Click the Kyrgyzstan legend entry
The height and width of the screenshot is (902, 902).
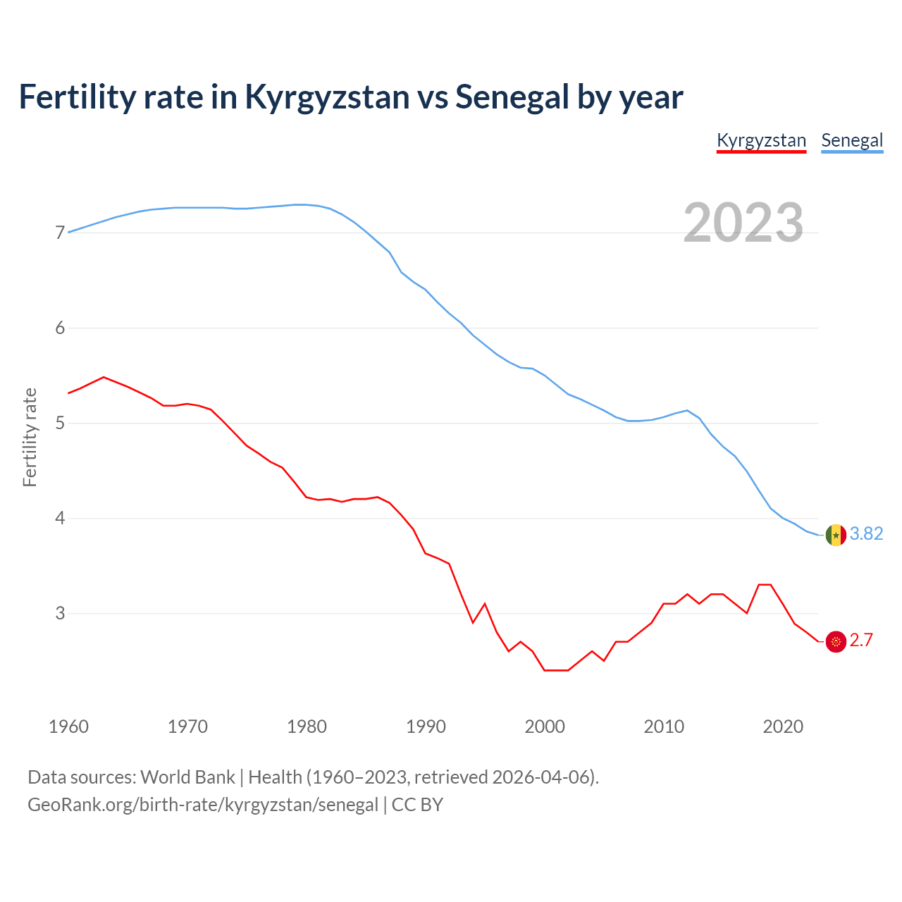click(x=761, y=140)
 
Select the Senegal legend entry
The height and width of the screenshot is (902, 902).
click(x=852, y=140)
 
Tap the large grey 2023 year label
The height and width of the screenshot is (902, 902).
click(x=743, y=223)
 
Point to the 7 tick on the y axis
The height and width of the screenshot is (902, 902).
click(x=60, y=233)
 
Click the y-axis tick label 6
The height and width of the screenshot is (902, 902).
click(x=60, y=328)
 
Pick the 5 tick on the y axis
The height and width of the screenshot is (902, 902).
click(x=60, y=423)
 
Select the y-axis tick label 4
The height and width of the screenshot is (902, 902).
click(x=60, y=518)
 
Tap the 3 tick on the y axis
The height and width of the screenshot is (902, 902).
click(x=60, y=613)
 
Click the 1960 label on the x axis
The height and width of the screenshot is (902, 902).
click(x=68, y=727)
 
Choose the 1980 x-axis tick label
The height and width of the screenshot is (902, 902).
click(x=307, y=727)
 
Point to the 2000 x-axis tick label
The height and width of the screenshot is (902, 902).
click(x=545, y=727)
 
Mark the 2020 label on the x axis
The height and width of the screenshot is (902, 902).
click(x=783, y=727)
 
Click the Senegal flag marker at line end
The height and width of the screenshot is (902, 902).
click(x=836, y=535)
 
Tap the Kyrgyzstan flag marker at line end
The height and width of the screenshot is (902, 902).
click(x=836, y=641)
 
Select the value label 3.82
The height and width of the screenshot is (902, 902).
click(x=866, y=534)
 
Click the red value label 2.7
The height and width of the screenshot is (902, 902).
click(x=861, y=641)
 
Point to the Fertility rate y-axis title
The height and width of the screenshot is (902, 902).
click(x=30, y=437)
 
